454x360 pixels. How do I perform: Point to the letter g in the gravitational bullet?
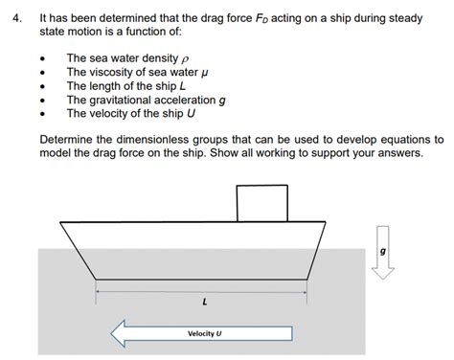click(222, 100)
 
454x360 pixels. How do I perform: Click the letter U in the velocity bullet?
click(192, 112)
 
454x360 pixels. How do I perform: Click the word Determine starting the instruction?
click(69, 139)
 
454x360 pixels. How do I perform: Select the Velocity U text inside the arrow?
click(204, 334)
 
